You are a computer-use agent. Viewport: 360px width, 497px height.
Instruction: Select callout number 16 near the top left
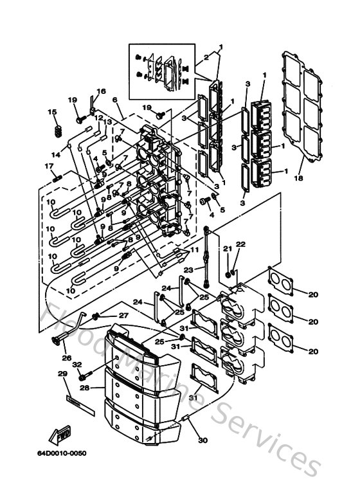(101, 91)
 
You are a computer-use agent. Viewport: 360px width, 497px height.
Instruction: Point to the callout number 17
(48, 167)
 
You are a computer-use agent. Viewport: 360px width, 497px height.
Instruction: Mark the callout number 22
(240, 244)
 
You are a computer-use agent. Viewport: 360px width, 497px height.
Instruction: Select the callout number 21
(227, 248)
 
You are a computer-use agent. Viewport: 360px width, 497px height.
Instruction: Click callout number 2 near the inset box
(206, 57)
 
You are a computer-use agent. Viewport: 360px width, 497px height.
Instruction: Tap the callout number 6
(114, 100)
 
